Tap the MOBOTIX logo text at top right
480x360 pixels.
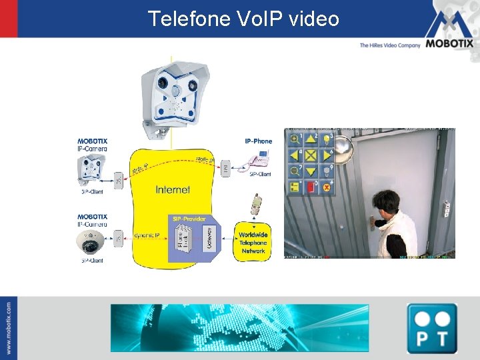pyautogui.click(x=450, y=45)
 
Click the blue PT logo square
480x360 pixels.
pyautogui.click(x=431, y=327)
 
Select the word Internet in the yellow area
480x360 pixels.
pyautogui.click(x=172, y=190)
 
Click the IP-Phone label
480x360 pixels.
pyautogui.click(x=259, y=141)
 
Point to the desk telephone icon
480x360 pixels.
pyautogui.click(x=258, y=160)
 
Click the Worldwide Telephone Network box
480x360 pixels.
pyautogui.click(x=253, y=243)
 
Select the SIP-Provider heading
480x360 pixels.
pyautogui.click(x=189, y=219)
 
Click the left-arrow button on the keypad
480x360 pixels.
pyautogui.click(x=294, y=155)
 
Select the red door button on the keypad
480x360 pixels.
pyautogui.click(x=310, y=187)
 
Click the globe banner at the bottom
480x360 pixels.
pyautogui.click(x=239, y=327)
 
